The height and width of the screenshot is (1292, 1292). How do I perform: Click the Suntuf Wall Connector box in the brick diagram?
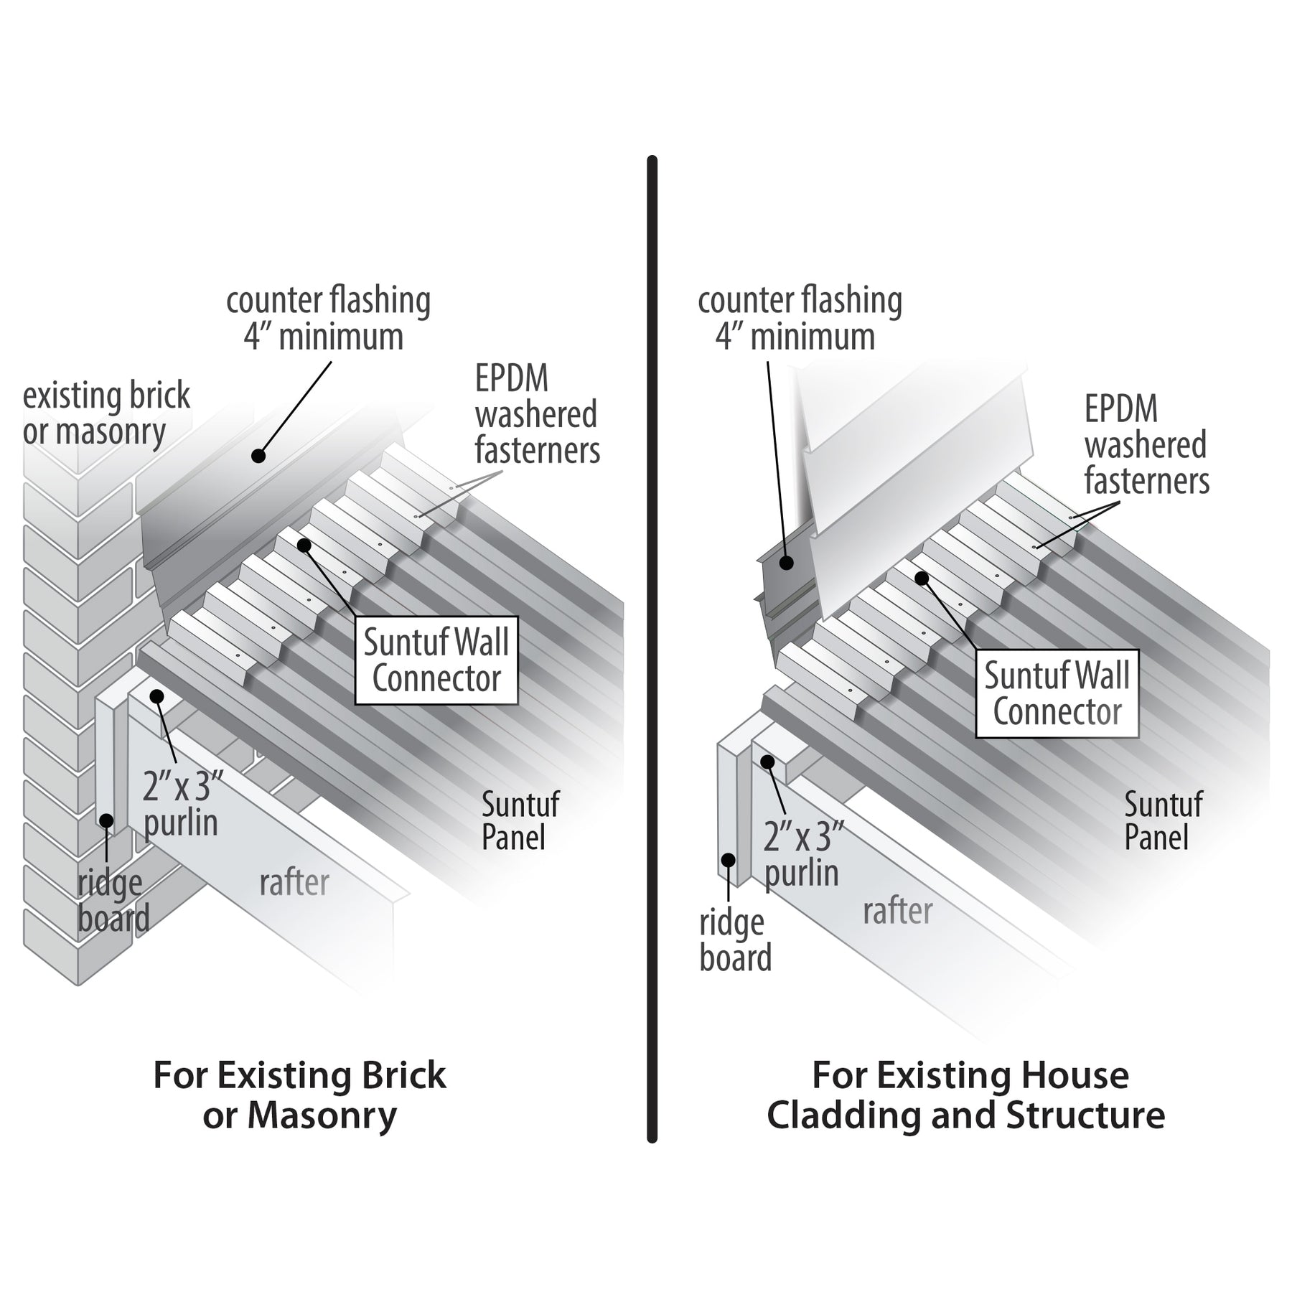(x=436, y=660)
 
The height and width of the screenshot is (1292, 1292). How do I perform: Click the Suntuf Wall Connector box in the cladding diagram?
(x=1057, y=694)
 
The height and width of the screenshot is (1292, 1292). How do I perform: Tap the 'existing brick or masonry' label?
(x=106, y=413)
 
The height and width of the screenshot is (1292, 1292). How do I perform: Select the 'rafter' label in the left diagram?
(x=294, y=882)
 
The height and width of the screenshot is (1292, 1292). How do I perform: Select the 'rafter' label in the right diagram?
(x=897, y=912)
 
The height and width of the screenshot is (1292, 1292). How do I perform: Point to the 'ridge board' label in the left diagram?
(x=113, y=901)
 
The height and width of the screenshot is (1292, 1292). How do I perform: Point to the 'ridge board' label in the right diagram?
(x=735, y=941)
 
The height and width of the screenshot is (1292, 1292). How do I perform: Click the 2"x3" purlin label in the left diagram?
(x=180, y=805)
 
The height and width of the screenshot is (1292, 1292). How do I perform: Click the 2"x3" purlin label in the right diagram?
(x=802, y=855)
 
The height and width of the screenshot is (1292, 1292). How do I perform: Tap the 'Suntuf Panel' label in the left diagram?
(x=520, y=820)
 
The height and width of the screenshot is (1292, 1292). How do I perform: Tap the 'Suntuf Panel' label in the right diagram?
(x=1163, y=820)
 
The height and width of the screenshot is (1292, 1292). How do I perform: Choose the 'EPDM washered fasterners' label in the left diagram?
(x=537, y=415)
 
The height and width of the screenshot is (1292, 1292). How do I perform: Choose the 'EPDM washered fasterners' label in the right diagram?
(x=1146, y=446)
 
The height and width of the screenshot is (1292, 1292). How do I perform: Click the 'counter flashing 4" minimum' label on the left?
(x=328, y=319)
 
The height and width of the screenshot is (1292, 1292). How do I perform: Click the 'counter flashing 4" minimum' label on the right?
(x=800, y=319)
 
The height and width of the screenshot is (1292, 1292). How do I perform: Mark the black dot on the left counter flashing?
(x=258, y=455)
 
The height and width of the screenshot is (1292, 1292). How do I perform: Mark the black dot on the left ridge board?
(x=106, y=819)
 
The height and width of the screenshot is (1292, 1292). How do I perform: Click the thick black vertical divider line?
(x=652, y=646)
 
